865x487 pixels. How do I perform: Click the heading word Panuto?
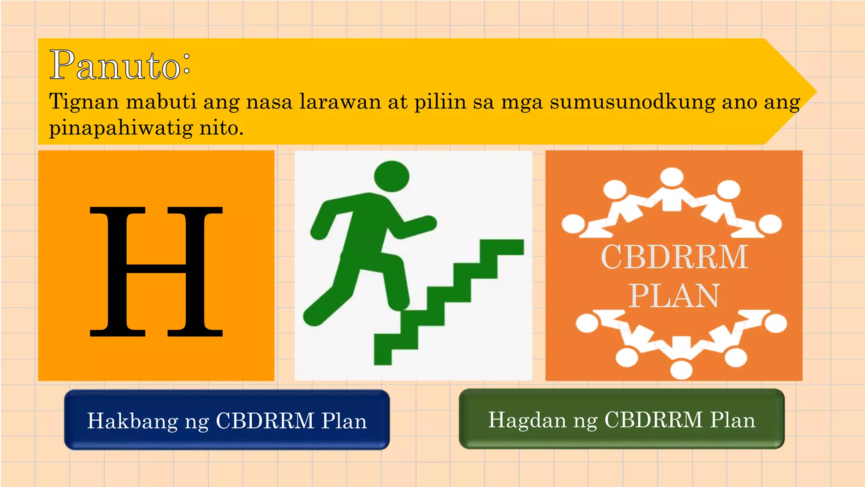pos(120,65)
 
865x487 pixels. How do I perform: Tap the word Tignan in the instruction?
pos(84,102)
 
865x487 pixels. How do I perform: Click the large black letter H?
pos(156,271)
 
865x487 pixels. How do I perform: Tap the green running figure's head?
pos(392,176)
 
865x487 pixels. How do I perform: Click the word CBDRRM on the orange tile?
pos(674,257)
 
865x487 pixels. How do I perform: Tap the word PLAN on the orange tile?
pos(674,295)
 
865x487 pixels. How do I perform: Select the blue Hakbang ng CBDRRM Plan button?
pos(227,420)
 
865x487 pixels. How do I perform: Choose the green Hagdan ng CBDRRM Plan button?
pos(621,419)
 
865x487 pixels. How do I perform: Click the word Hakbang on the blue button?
pos(133,421)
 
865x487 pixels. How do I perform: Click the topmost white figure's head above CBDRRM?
pos(672,177)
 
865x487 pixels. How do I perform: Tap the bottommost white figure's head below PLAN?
pos(681,369)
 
